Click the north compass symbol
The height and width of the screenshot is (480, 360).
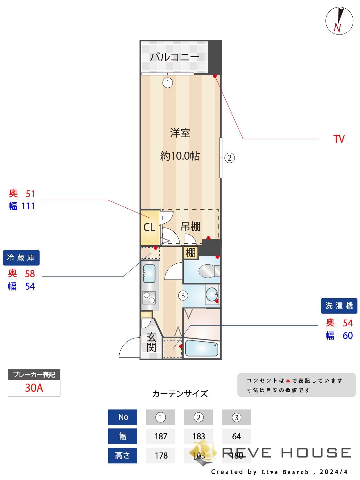(339, 21)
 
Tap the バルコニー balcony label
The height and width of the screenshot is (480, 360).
(175, 57)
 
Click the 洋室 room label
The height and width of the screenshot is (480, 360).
(180, 133)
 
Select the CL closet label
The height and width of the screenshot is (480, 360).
(149, 227)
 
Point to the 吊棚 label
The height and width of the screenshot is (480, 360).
(190, 227)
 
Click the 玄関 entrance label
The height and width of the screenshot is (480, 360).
(151, 342)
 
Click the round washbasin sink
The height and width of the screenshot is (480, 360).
(211, 294)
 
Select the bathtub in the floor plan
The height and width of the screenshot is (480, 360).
(202, 348)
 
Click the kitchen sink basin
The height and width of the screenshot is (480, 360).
(149, 274)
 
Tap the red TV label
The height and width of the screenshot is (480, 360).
(339, 139)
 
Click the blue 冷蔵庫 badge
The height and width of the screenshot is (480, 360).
(21, 258)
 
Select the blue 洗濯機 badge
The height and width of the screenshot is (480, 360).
(339, 306)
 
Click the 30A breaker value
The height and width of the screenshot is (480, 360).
(34, 388)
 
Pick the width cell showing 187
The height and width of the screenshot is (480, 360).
(161, 436)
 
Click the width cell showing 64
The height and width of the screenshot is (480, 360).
(236, 436)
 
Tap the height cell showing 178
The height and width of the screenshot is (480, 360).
(161, 455)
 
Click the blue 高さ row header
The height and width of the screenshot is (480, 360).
(123, 455)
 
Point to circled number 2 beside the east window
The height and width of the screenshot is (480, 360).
(229, 158)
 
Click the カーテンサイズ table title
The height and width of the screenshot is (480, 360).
(180, 394)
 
